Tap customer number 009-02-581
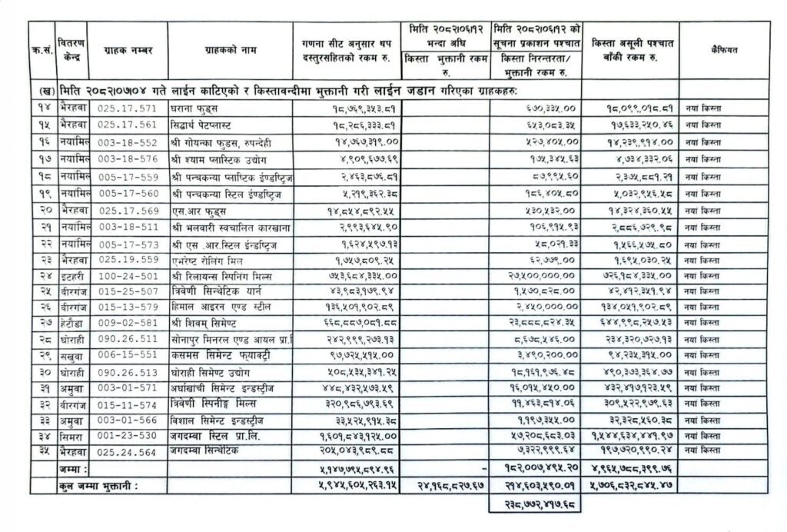point(128,324)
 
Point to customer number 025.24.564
point(128,449)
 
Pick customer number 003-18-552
point(128,142)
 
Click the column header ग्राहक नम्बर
point(128,50)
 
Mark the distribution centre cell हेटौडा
point(76,324)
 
